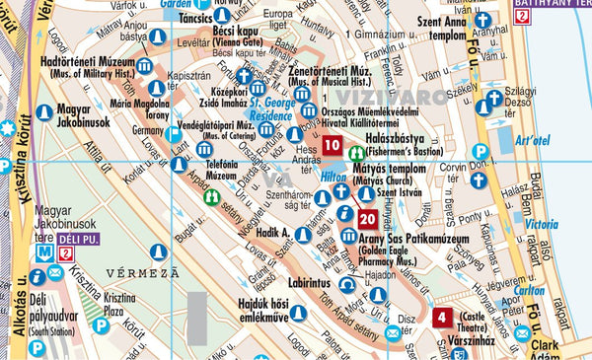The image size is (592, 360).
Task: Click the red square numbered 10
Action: (x=333, y=149)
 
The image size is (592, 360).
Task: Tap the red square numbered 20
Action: (x=367, y=219)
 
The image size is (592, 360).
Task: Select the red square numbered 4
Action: (x=442, y=318)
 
